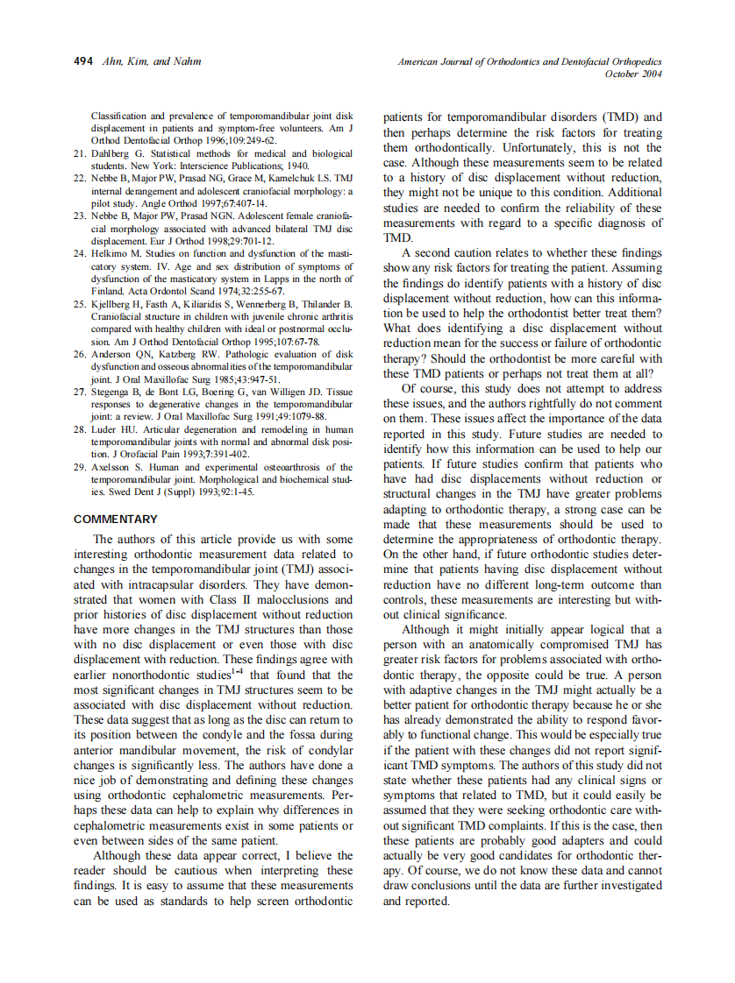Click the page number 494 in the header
(x=82, y=61)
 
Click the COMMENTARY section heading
(x=116, y=519)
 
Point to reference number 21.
(x=79, y=152)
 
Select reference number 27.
(x=79, y=392)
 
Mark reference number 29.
(x=79, y=467)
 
